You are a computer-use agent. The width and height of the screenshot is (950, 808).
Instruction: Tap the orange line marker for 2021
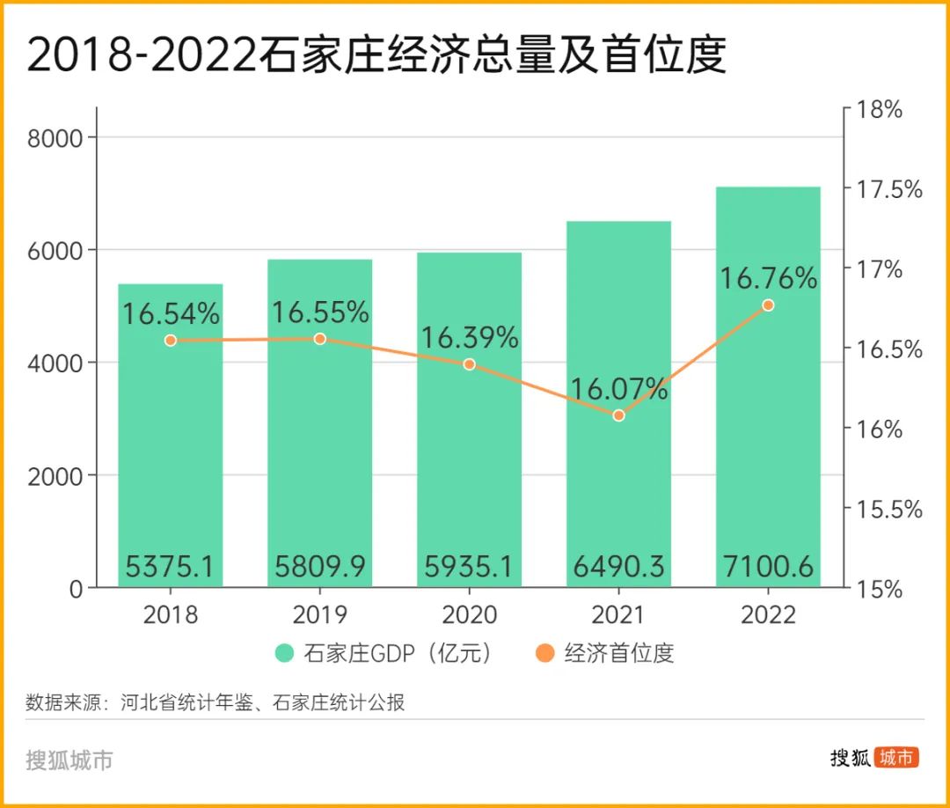point(618,415)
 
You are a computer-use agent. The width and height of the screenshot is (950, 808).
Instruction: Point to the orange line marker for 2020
point(469,364)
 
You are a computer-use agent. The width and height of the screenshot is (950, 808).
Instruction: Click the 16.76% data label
point(769,279)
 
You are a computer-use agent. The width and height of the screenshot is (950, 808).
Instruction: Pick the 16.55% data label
point(319,312)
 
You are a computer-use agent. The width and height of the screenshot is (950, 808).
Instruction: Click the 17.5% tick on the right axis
point(882,189)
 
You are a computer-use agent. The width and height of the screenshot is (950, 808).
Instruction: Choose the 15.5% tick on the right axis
point(882,510)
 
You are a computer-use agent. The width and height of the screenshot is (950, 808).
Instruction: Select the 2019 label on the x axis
point(319,613)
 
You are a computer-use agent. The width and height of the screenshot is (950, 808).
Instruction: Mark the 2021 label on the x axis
point(618,613)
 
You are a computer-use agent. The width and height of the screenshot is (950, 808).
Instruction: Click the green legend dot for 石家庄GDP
point(284,653)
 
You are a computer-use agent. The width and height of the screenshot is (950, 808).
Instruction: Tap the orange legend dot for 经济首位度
point(545,653)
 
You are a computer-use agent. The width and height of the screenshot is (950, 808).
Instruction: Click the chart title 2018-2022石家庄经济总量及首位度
point(376,55)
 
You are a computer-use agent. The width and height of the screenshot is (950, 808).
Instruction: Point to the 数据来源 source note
point(215,702)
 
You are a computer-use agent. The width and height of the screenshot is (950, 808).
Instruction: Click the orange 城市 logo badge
point(896,758)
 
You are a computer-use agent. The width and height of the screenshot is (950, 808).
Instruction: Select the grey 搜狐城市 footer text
point(69,760)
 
